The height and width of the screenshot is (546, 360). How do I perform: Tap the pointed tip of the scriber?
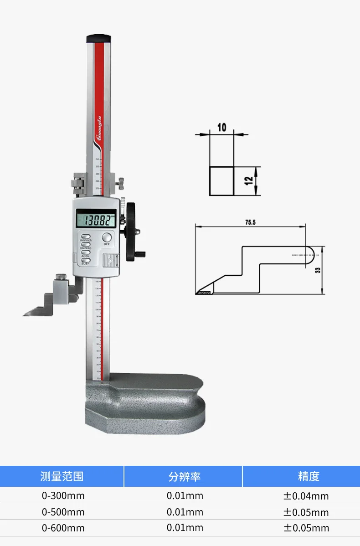(26, 314)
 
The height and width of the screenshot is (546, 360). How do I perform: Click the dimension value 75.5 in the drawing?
(250, 222)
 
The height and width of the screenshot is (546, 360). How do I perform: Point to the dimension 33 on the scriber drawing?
(318, 270)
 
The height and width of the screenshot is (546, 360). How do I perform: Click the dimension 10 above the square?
(221, 127)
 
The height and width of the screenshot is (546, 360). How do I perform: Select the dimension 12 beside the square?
(248, 180)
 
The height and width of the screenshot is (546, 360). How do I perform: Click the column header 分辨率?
(184, 477)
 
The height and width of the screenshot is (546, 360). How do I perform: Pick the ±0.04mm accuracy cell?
(306, 496)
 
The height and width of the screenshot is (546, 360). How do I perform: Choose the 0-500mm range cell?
(63, 512)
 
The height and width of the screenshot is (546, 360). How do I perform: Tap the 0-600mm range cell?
(63, 528)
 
